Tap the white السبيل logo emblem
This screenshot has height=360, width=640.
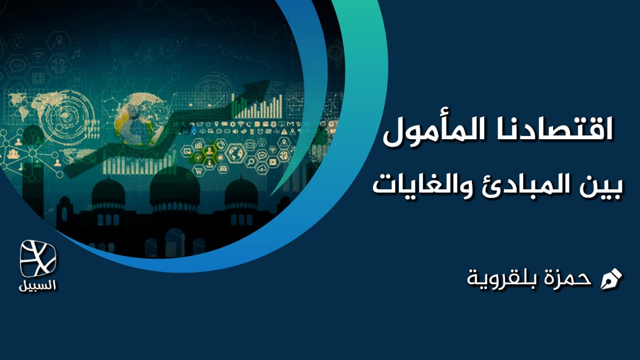pos(38,259)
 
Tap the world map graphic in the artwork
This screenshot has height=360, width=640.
pos(32,107)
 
